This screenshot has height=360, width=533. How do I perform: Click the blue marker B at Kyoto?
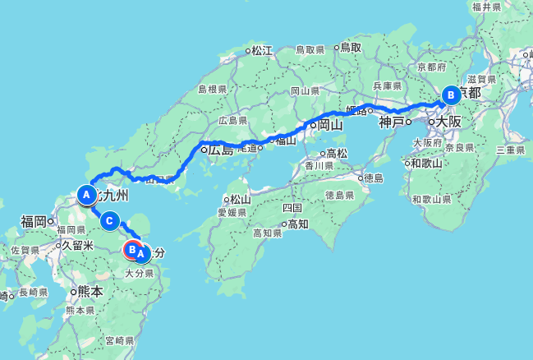point(450,95)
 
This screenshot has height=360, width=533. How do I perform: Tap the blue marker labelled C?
point(112,220)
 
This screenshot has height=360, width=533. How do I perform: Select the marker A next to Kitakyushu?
point(85,195)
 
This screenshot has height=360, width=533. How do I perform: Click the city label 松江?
point(261,50)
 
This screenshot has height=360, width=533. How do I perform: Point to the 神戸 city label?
point(391,122)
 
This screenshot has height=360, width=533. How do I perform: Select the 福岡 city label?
point(34,220)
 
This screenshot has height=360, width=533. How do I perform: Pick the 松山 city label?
point(239,198)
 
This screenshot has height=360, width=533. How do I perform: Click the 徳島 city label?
point(374,178)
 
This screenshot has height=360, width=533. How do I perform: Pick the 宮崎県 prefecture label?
point(119,339)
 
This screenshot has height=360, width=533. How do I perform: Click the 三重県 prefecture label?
point(510,150)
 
